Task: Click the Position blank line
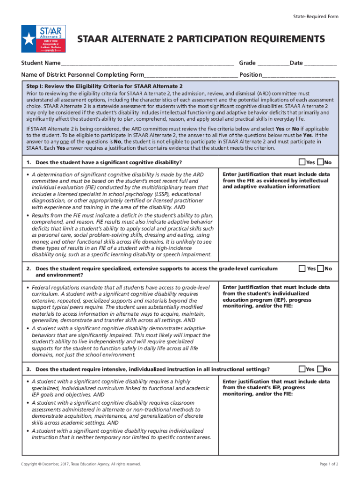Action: (x=299, y=75)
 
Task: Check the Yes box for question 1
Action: (x=302, y=162)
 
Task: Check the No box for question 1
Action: (x=320, y=162)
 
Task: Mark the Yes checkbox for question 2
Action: (x=302, y=268)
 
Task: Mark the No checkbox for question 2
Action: (x=320, y=268)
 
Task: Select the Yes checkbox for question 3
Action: (x=302, y=369)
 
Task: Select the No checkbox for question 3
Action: (x=320, y=369)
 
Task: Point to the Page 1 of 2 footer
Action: (x=329, y=464)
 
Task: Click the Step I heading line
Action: (x=104, y=87)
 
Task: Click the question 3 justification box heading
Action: (x=276, y=387)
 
